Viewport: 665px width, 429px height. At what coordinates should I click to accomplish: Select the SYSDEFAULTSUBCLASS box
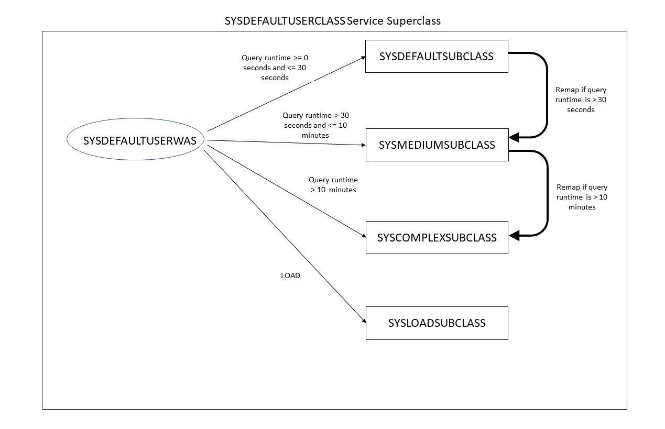(437, 56)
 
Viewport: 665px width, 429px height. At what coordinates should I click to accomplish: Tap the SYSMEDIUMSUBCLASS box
(437, 145)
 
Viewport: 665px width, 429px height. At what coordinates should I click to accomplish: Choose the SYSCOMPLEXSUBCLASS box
(437, 237)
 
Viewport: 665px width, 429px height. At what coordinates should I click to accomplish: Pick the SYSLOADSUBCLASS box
(437, 323)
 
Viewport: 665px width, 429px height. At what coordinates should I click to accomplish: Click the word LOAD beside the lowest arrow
(290, 276)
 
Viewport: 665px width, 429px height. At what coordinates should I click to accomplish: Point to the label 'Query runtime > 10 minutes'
(333, 185)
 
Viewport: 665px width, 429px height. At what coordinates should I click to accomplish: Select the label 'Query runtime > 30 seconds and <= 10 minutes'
(314, 125)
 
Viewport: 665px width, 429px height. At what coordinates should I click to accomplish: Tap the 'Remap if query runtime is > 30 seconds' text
(581, 100)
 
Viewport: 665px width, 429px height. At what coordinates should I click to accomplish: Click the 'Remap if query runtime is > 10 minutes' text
(582, 197)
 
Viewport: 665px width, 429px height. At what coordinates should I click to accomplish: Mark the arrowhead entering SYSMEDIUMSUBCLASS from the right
(514, 137)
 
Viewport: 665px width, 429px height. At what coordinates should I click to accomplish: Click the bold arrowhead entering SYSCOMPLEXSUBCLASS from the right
(514, 236)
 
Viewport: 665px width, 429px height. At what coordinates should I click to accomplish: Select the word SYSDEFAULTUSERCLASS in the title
(285, 21)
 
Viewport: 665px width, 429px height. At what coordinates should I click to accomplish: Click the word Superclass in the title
(413, 21)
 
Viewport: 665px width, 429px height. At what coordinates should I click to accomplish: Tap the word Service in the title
(365, 21)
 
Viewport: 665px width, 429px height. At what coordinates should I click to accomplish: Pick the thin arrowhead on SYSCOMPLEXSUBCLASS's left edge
(363, 237)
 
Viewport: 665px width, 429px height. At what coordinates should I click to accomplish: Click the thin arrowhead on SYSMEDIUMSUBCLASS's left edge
(363, 145)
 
